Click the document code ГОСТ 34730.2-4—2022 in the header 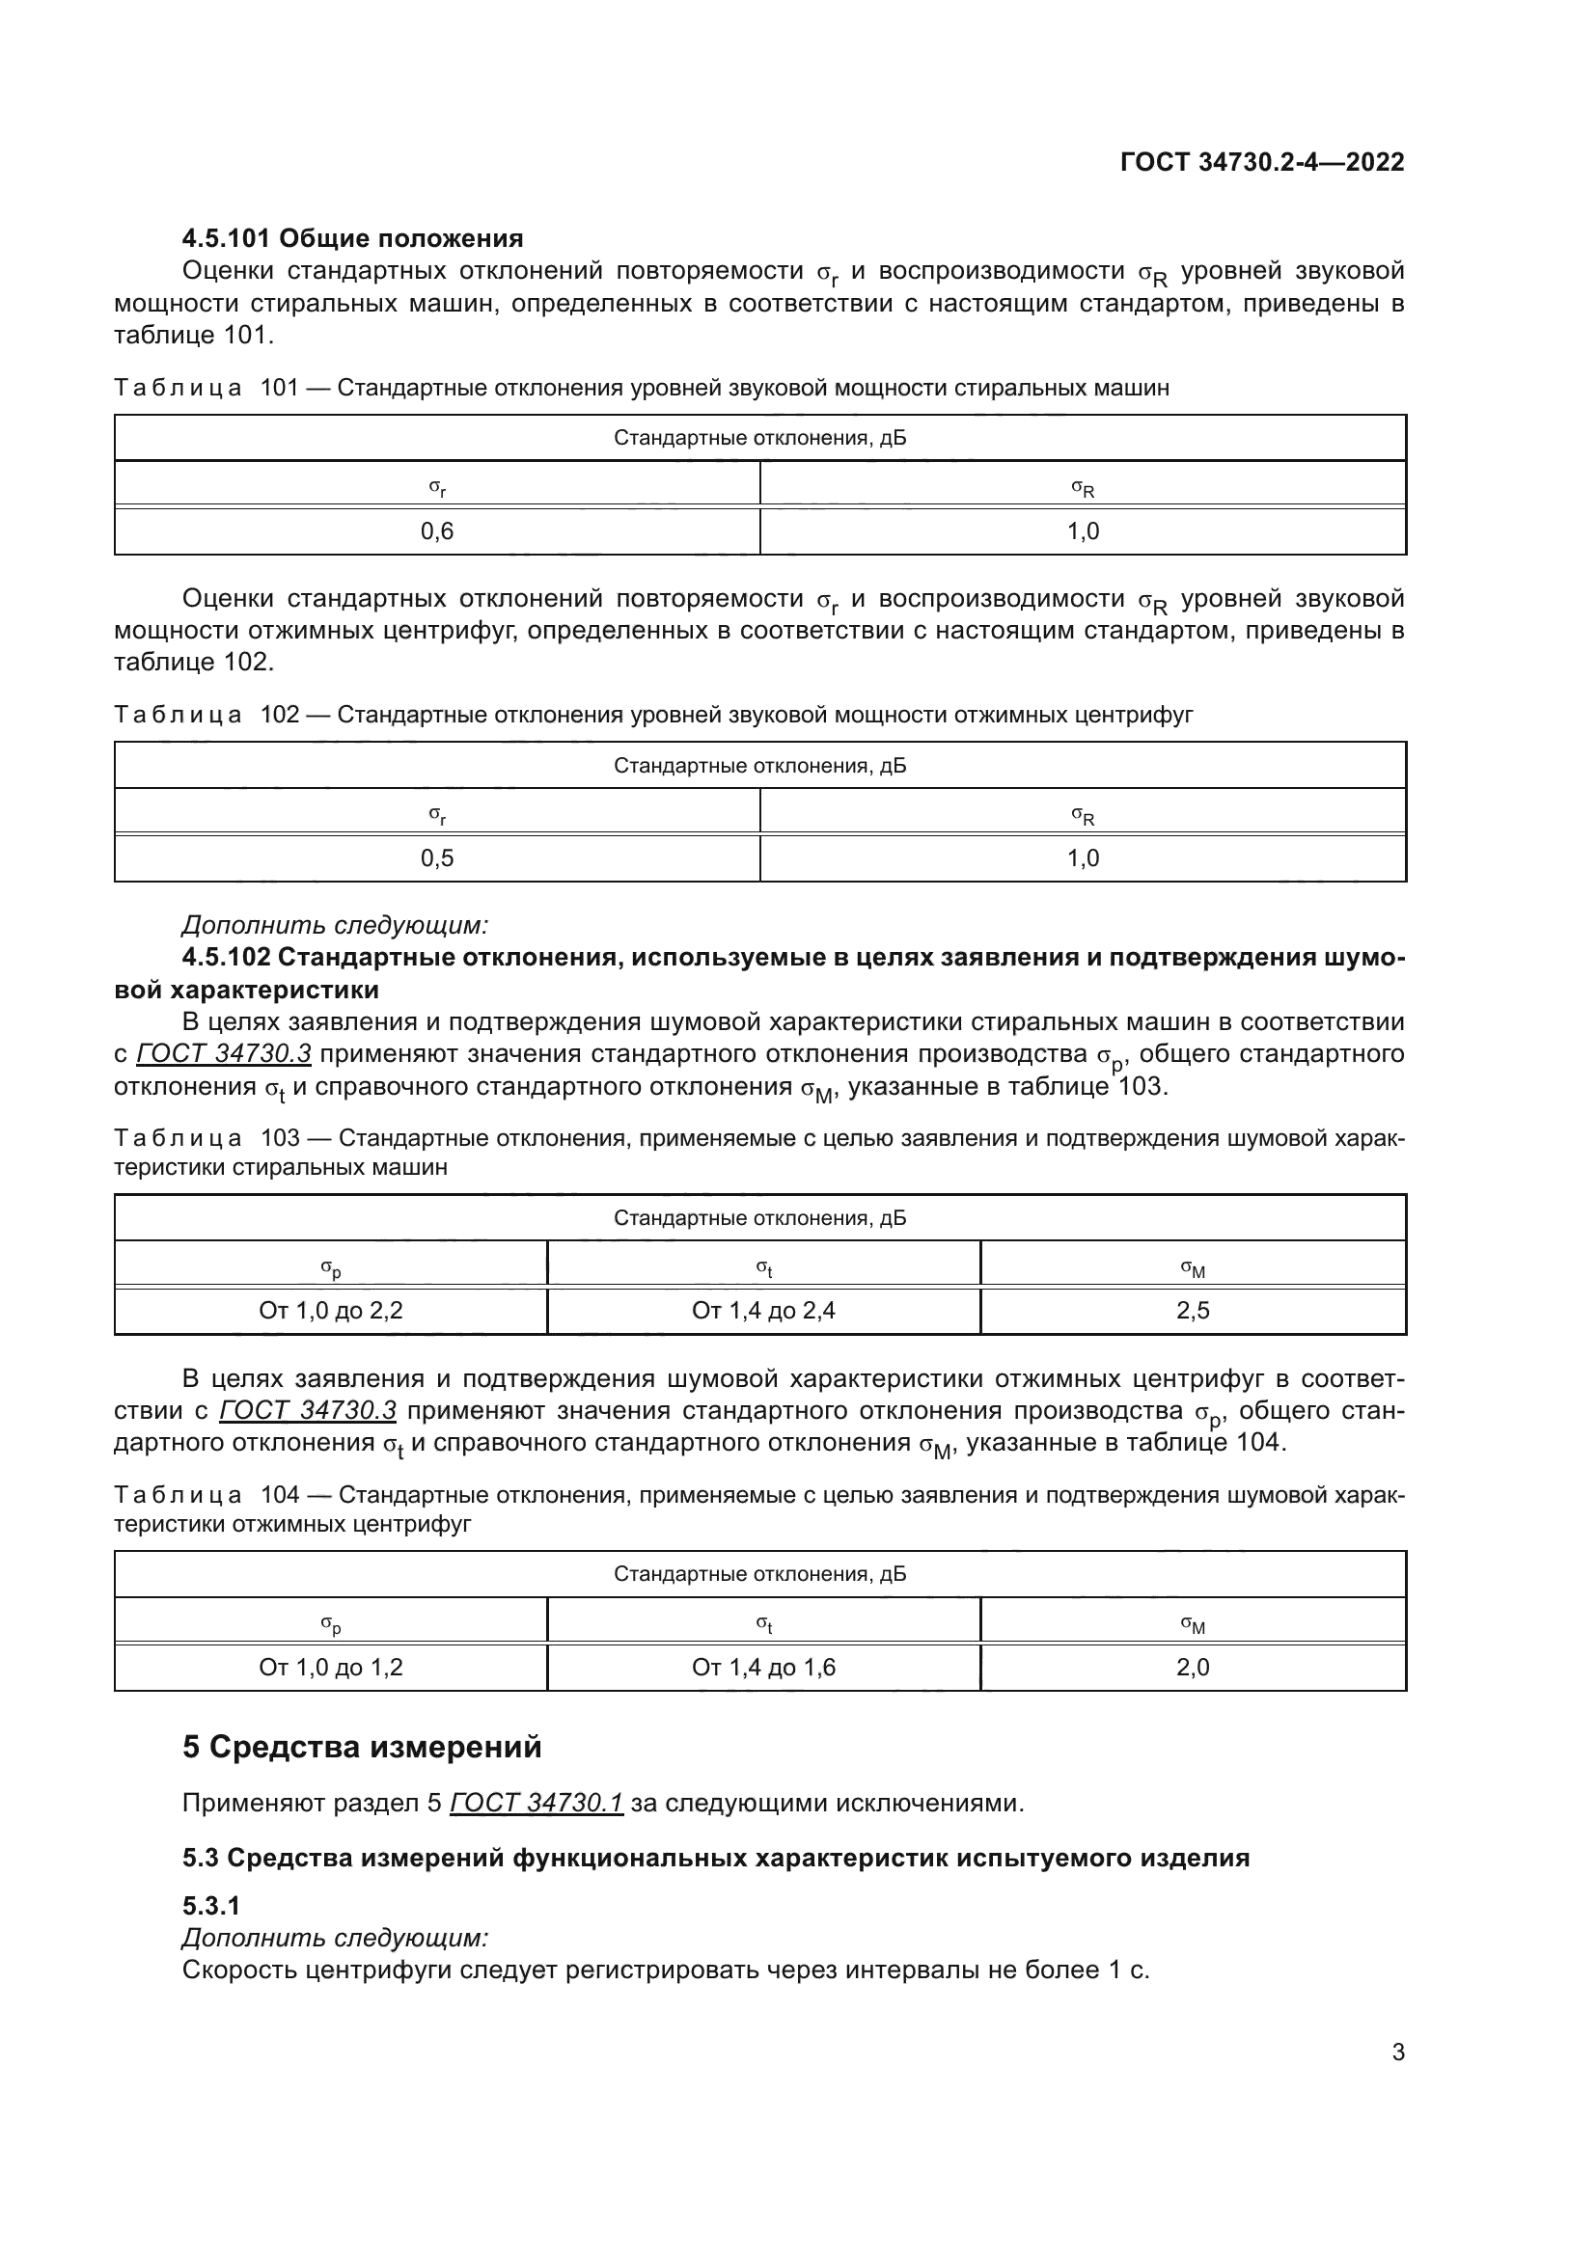coord(1262,162)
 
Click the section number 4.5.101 coord(227,239)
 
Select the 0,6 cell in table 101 coord(437,531)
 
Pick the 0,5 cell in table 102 coord(437,858)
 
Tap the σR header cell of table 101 coord(1083,486)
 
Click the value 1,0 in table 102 coord(1083,858)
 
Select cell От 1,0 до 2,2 coord(331,1310)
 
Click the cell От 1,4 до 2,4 coord(763,1310)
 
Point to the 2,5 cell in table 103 coord(1193,1310)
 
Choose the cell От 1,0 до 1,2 coord(331,1667)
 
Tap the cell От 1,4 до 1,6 coord(763,1667)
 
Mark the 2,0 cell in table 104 coord(1193,1667)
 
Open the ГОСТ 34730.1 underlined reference coord(537,1803)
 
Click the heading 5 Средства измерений coord(362,1747)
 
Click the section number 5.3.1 coord(210,1906)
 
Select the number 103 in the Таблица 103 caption coord(280,1138)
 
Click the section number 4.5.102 coord(227,957)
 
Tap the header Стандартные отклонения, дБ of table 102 coord(759,766)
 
